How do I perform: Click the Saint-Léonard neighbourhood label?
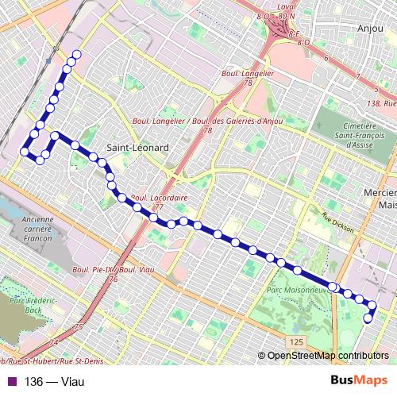136,148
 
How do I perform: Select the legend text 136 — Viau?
55,381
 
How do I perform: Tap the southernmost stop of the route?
368,319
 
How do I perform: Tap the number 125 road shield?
296,341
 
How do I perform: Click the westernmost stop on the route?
25,151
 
